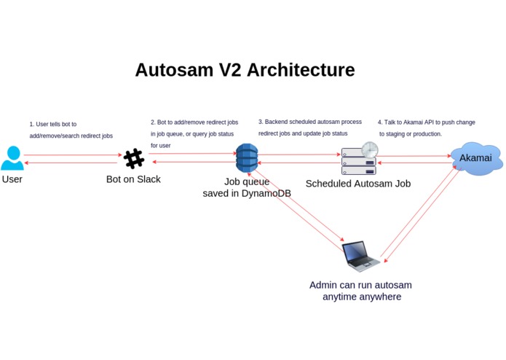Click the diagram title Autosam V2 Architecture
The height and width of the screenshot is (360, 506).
[x=245, y=70]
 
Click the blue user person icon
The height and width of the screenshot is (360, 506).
[x=12, y=157]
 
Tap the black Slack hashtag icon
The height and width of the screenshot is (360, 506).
[x=134, y=159]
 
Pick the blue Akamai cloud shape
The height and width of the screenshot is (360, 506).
[x=476, y=158]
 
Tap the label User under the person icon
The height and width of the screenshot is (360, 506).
[x=12, y=179]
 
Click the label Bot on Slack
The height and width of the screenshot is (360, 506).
[x=133, y=179]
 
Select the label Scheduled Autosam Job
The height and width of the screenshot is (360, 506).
[x=357, y=184]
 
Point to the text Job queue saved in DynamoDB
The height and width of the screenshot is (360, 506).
[x=247, y=187]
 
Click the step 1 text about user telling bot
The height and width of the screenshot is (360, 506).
[x=71, y=130]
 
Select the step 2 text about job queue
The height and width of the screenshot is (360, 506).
[x=192, y=133]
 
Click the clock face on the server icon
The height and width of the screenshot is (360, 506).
[x=370, y=150]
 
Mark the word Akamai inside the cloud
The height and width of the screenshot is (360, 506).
[x=475, y=158]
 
